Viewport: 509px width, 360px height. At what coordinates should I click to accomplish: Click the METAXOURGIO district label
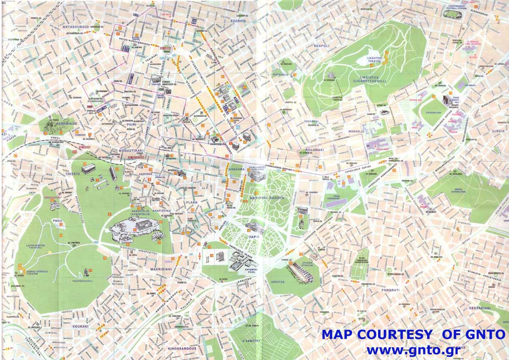tap(75, 27)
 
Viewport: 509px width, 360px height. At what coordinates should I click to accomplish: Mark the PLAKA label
tap(192, 202)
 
